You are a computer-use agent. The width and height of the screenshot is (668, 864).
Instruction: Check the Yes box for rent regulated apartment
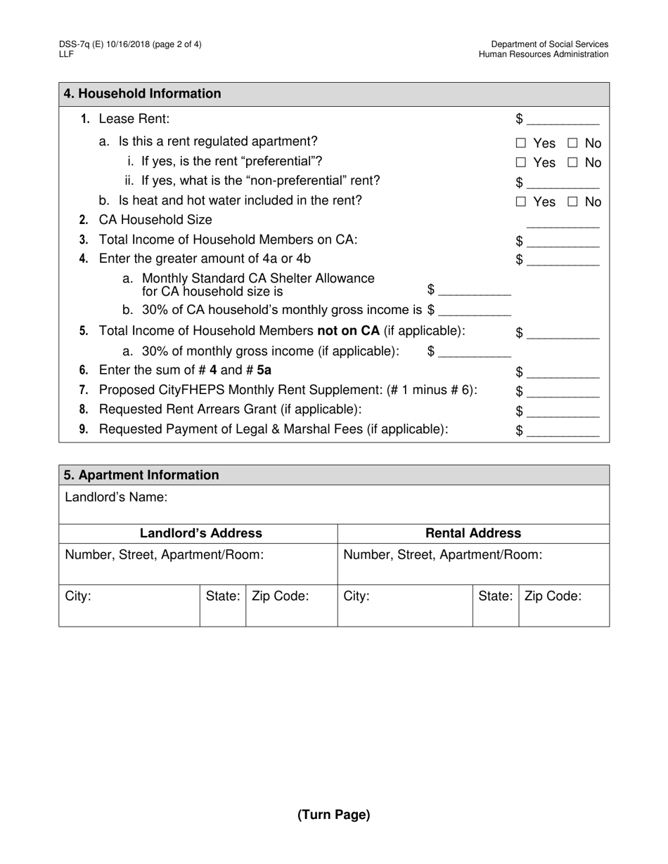coord(521,143)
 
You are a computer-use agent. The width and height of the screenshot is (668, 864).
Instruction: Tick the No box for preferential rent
coord(573,163)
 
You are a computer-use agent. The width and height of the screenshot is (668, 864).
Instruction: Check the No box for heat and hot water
coord(573,202)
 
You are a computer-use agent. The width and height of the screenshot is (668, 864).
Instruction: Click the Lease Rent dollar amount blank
coord(563,120)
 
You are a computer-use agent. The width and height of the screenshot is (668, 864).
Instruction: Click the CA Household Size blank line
coord(563,222)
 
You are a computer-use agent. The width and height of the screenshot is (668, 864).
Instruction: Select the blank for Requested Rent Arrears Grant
coord(563,412)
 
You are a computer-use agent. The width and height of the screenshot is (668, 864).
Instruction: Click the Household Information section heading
coord(142,94)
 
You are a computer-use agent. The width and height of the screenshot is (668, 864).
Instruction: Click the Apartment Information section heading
coord(141,476)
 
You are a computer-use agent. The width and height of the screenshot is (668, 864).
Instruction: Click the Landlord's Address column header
coord(201,533)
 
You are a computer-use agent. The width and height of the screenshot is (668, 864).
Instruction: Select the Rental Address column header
coord(474,533)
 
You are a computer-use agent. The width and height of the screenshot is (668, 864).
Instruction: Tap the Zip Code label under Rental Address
coord(553,596)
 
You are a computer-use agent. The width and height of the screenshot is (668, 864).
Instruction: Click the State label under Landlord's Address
coord(223,596)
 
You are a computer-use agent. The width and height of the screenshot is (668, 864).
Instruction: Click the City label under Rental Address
coord(357,596)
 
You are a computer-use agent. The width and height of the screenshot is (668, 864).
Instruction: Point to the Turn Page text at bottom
coord(333,815)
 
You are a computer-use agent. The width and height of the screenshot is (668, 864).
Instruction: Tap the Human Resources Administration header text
coord(544,55)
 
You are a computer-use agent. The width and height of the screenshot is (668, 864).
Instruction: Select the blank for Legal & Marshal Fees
coord(563,431)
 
